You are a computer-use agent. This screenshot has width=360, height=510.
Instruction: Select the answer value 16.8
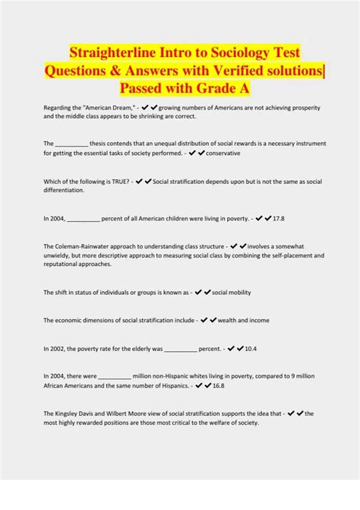click(x=217, y=385)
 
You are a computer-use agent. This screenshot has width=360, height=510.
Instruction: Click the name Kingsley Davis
click(x=79, y=413)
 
